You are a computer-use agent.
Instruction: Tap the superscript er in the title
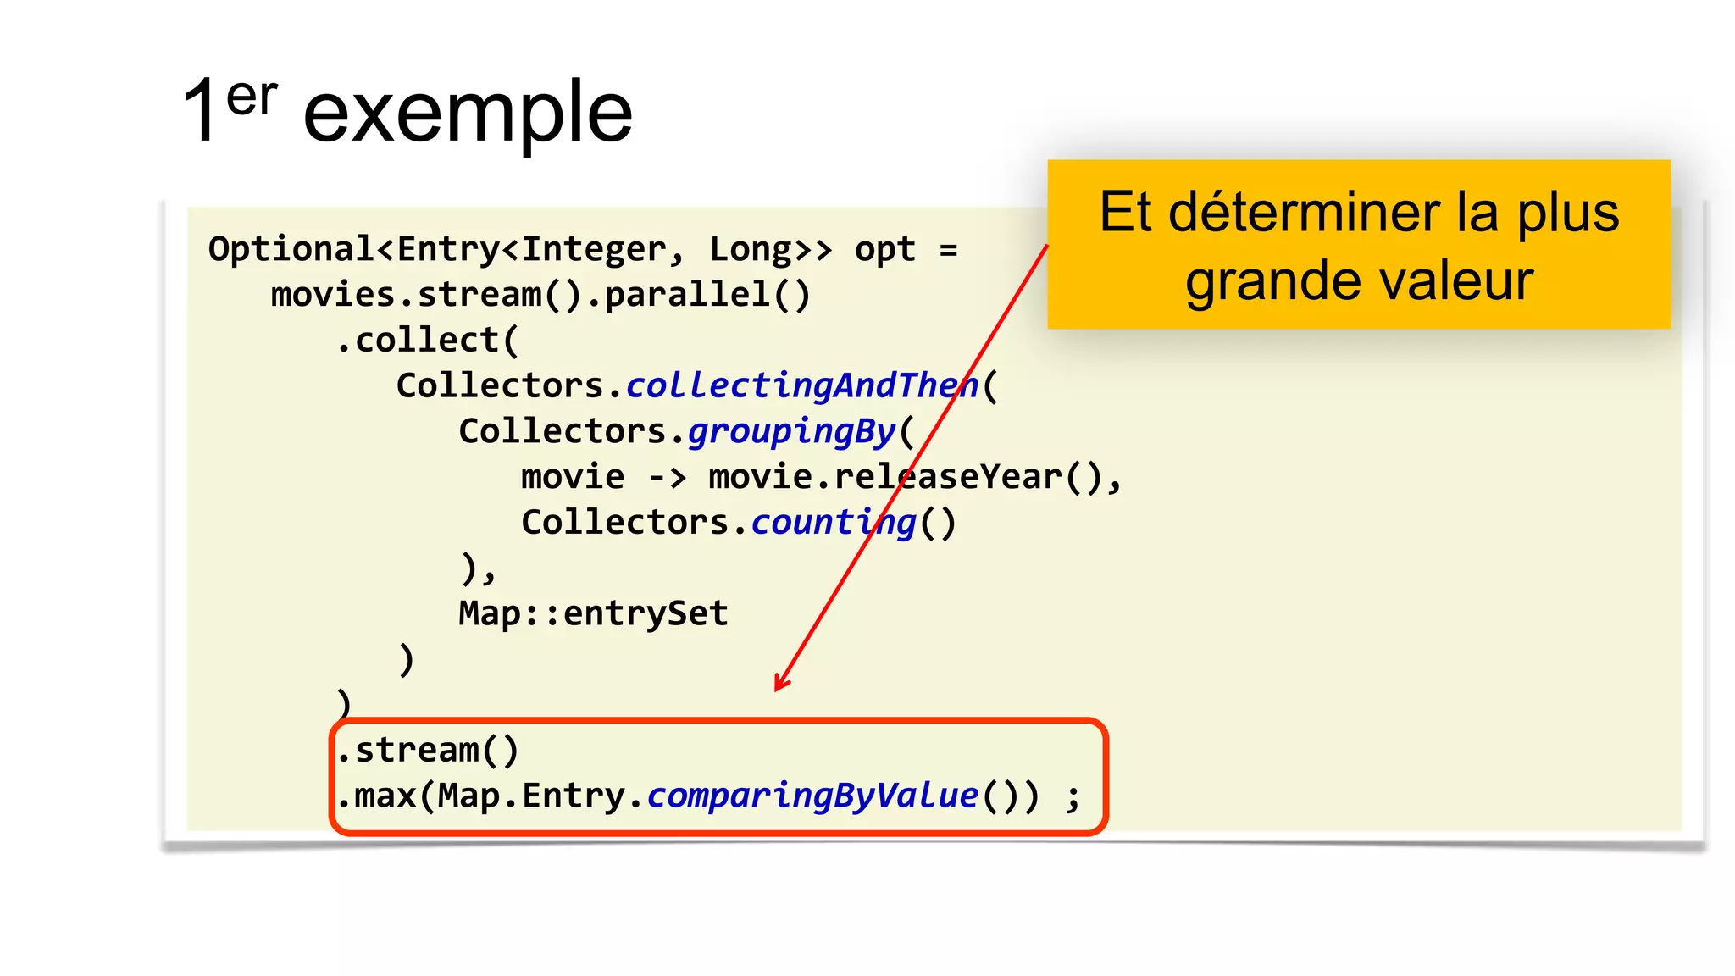click(252, 97)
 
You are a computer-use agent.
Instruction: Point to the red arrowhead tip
click(777, 690)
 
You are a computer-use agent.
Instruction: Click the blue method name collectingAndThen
click(801, 385)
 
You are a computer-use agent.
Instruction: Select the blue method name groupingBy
click(791, 431)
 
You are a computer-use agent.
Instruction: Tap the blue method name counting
click(833, 523)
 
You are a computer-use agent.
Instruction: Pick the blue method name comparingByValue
click(812, 796)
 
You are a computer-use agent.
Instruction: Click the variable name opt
click(884, 250)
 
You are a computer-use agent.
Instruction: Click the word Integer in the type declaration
click(594, 250)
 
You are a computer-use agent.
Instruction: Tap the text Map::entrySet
click(593, 613)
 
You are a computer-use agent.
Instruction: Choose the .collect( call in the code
click(426, 341)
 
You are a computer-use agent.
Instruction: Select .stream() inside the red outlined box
click(428, 751)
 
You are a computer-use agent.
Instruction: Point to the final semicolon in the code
click(1073, 798)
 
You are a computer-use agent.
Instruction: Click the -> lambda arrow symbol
click(667, 477)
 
